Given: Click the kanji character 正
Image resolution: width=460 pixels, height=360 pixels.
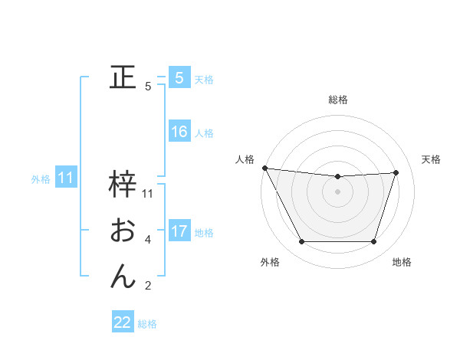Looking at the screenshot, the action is click(123, 78).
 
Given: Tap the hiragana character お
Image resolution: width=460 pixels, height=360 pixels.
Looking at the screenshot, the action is click(123, 231).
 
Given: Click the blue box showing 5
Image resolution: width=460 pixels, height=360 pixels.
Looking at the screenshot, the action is click(179, 78).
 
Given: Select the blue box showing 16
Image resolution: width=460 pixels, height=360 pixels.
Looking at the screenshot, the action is click(179, 132).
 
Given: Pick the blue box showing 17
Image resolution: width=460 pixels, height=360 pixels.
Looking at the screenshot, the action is click(179, 231).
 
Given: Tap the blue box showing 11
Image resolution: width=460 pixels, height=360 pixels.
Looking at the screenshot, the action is click(65, 178).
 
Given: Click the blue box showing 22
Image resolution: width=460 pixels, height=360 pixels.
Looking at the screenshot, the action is click(123, 322).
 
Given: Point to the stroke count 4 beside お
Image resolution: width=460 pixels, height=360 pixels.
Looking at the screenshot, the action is click(148, 240).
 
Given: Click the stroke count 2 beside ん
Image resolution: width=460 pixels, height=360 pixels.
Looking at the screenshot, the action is click(148, 286).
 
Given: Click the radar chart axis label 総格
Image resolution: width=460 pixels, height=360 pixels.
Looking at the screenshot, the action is click(338, 100).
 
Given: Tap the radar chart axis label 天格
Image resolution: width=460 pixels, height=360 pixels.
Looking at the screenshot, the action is click(431, 159).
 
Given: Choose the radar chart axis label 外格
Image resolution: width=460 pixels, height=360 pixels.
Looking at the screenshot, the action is click(270, 262).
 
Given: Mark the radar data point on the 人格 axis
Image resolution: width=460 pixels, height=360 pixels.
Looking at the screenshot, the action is click(264, 168).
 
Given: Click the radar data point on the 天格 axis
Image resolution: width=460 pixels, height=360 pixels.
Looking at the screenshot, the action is click(396, 172).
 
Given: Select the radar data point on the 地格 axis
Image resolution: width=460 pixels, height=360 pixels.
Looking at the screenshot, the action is click(374, 242).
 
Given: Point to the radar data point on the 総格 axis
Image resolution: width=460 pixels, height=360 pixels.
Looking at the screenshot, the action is click(338, 177).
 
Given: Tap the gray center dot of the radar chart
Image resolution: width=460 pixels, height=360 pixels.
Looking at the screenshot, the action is click(338, 191).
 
